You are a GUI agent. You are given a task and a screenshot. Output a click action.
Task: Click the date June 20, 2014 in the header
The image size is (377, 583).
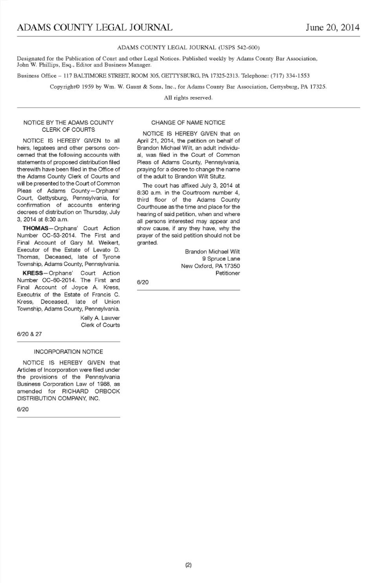tap(332, 28)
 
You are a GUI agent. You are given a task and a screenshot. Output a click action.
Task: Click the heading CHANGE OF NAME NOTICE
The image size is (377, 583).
tap(188, 123)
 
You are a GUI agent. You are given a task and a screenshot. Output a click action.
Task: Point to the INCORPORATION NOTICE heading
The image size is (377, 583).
tap(68, 352)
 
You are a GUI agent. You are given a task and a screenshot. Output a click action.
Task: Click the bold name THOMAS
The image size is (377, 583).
tap(35, 228)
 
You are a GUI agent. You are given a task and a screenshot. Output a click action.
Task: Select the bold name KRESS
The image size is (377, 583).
tap(33, 273)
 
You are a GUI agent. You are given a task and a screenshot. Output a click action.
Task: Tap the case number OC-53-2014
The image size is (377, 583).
tap(59, 235)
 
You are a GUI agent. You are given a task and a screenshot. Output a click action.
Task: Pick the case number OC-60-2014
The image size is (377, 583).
tap(59, 280)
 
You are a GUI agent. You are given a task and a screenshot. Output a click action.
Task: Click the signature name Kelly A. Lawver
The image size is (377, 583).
tap(100, 318)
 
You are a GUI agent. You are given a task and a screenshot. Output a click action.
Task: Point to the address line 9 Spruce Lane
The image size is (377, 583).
tap(221, 259)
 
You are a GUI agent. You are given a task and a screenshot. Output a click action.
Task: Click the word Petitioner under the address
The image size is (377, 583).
tap(228, 273)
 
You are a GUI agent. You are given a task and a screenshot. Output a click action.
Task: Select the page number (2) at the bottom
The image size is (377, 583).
tap(188, 565)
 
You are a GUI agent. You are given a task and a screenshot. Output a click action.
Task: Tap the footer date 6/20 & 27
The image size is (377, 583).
tap(29, 334)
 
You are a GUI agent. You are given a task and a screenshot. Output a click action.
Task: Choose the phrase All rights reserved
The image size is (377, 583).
tap(188, 98)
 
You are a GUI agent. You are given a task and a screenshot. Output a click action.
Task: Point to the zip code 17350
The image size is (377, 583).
tap(232, 266)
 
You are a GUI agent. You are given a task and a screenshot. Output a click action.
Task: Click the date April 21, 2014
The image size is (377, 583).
tap(155, 141)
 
